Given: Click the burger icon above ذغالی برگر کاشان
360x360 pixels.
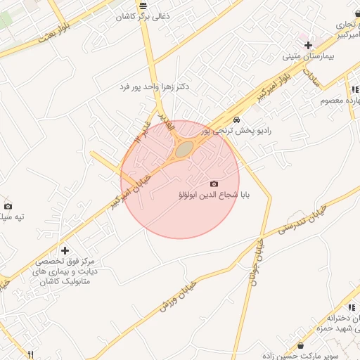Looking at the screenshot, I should click(143, 4).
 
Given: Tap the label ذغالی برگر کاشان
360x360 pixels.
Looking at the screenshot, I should click(143, 15).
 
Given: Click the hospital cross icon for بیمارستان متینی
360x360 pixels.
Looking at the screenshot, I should click(308, 44).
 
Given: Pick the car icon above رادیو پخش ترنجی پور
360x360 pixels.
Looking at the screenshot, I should click(237, 120).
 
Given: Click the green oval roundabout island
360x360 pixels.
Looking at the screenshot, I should click(184, 149).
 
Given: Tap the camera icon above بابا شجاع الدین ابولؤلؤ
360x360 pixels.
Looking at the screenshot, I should click(214, 184).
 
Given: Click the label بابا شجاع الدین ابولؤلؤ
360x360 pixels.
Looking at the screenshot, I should click(211, 195).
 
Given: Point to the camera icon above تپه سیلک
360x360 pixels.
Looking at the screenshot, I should click(8, 206).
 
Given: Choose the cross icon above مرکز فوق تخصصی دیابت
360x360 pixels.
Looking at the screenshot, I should click(65, 250).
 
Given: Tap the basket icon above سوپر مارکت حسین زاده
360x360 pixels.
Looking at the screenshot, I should click(301, 346).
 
